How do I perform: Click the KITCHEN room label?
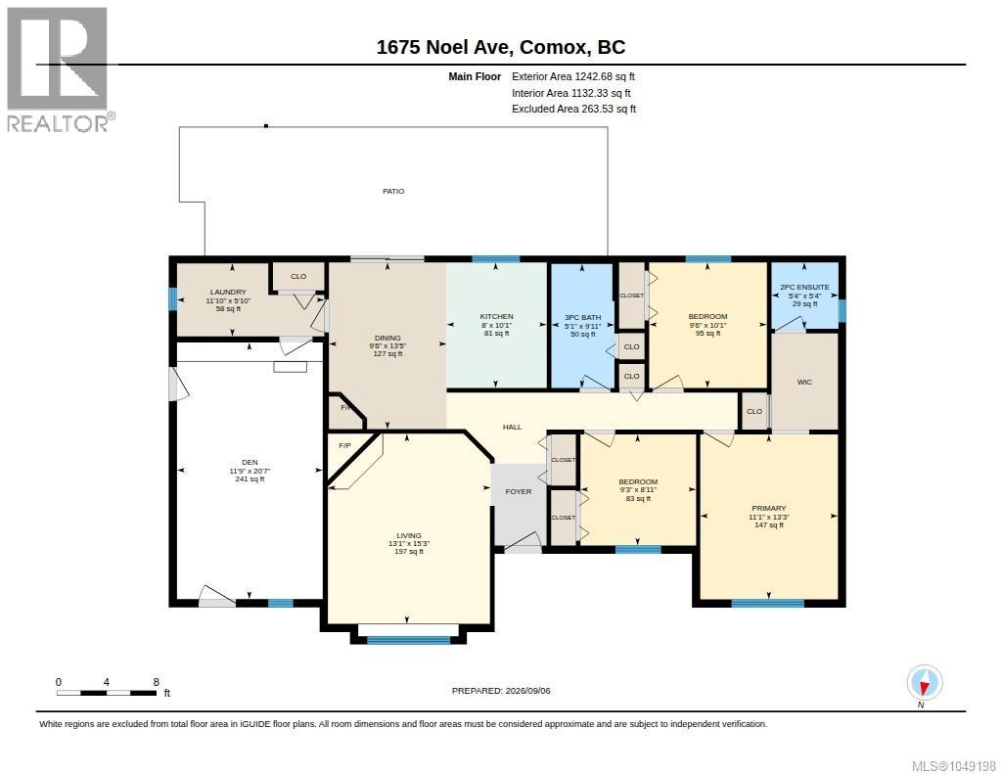coord(496,316)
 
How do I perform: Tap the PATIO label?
coord(393,191)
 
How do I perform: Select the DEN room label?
coord(250,462)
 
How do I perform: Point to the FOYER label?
coord(519,491)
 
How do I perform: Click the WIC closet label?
coord(804,383)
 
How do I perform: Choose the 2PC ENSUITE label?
coord(804,288)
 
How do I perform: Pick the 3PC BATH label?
coord(583,318)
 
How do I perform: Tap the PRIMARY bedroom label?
coord(769,508)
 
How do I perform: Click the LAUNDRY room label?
coord(228,293)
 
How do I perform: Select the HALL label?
coord(512,427)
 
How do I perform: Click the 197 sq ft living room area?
coord(409,552)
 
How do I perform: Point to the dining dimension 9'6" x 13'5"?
coord(387,345)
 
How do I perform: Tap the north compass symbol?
coord(924,683)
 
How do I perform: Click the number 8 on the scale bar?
coord(156,682)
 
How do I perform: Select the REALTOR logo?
coord(60,69)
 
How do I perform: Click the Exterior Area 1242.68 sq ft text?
coord(573,76)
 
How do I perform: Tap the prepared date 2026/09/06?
coord(527,691)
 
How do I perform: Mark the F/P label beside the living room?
coord(344,445)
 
